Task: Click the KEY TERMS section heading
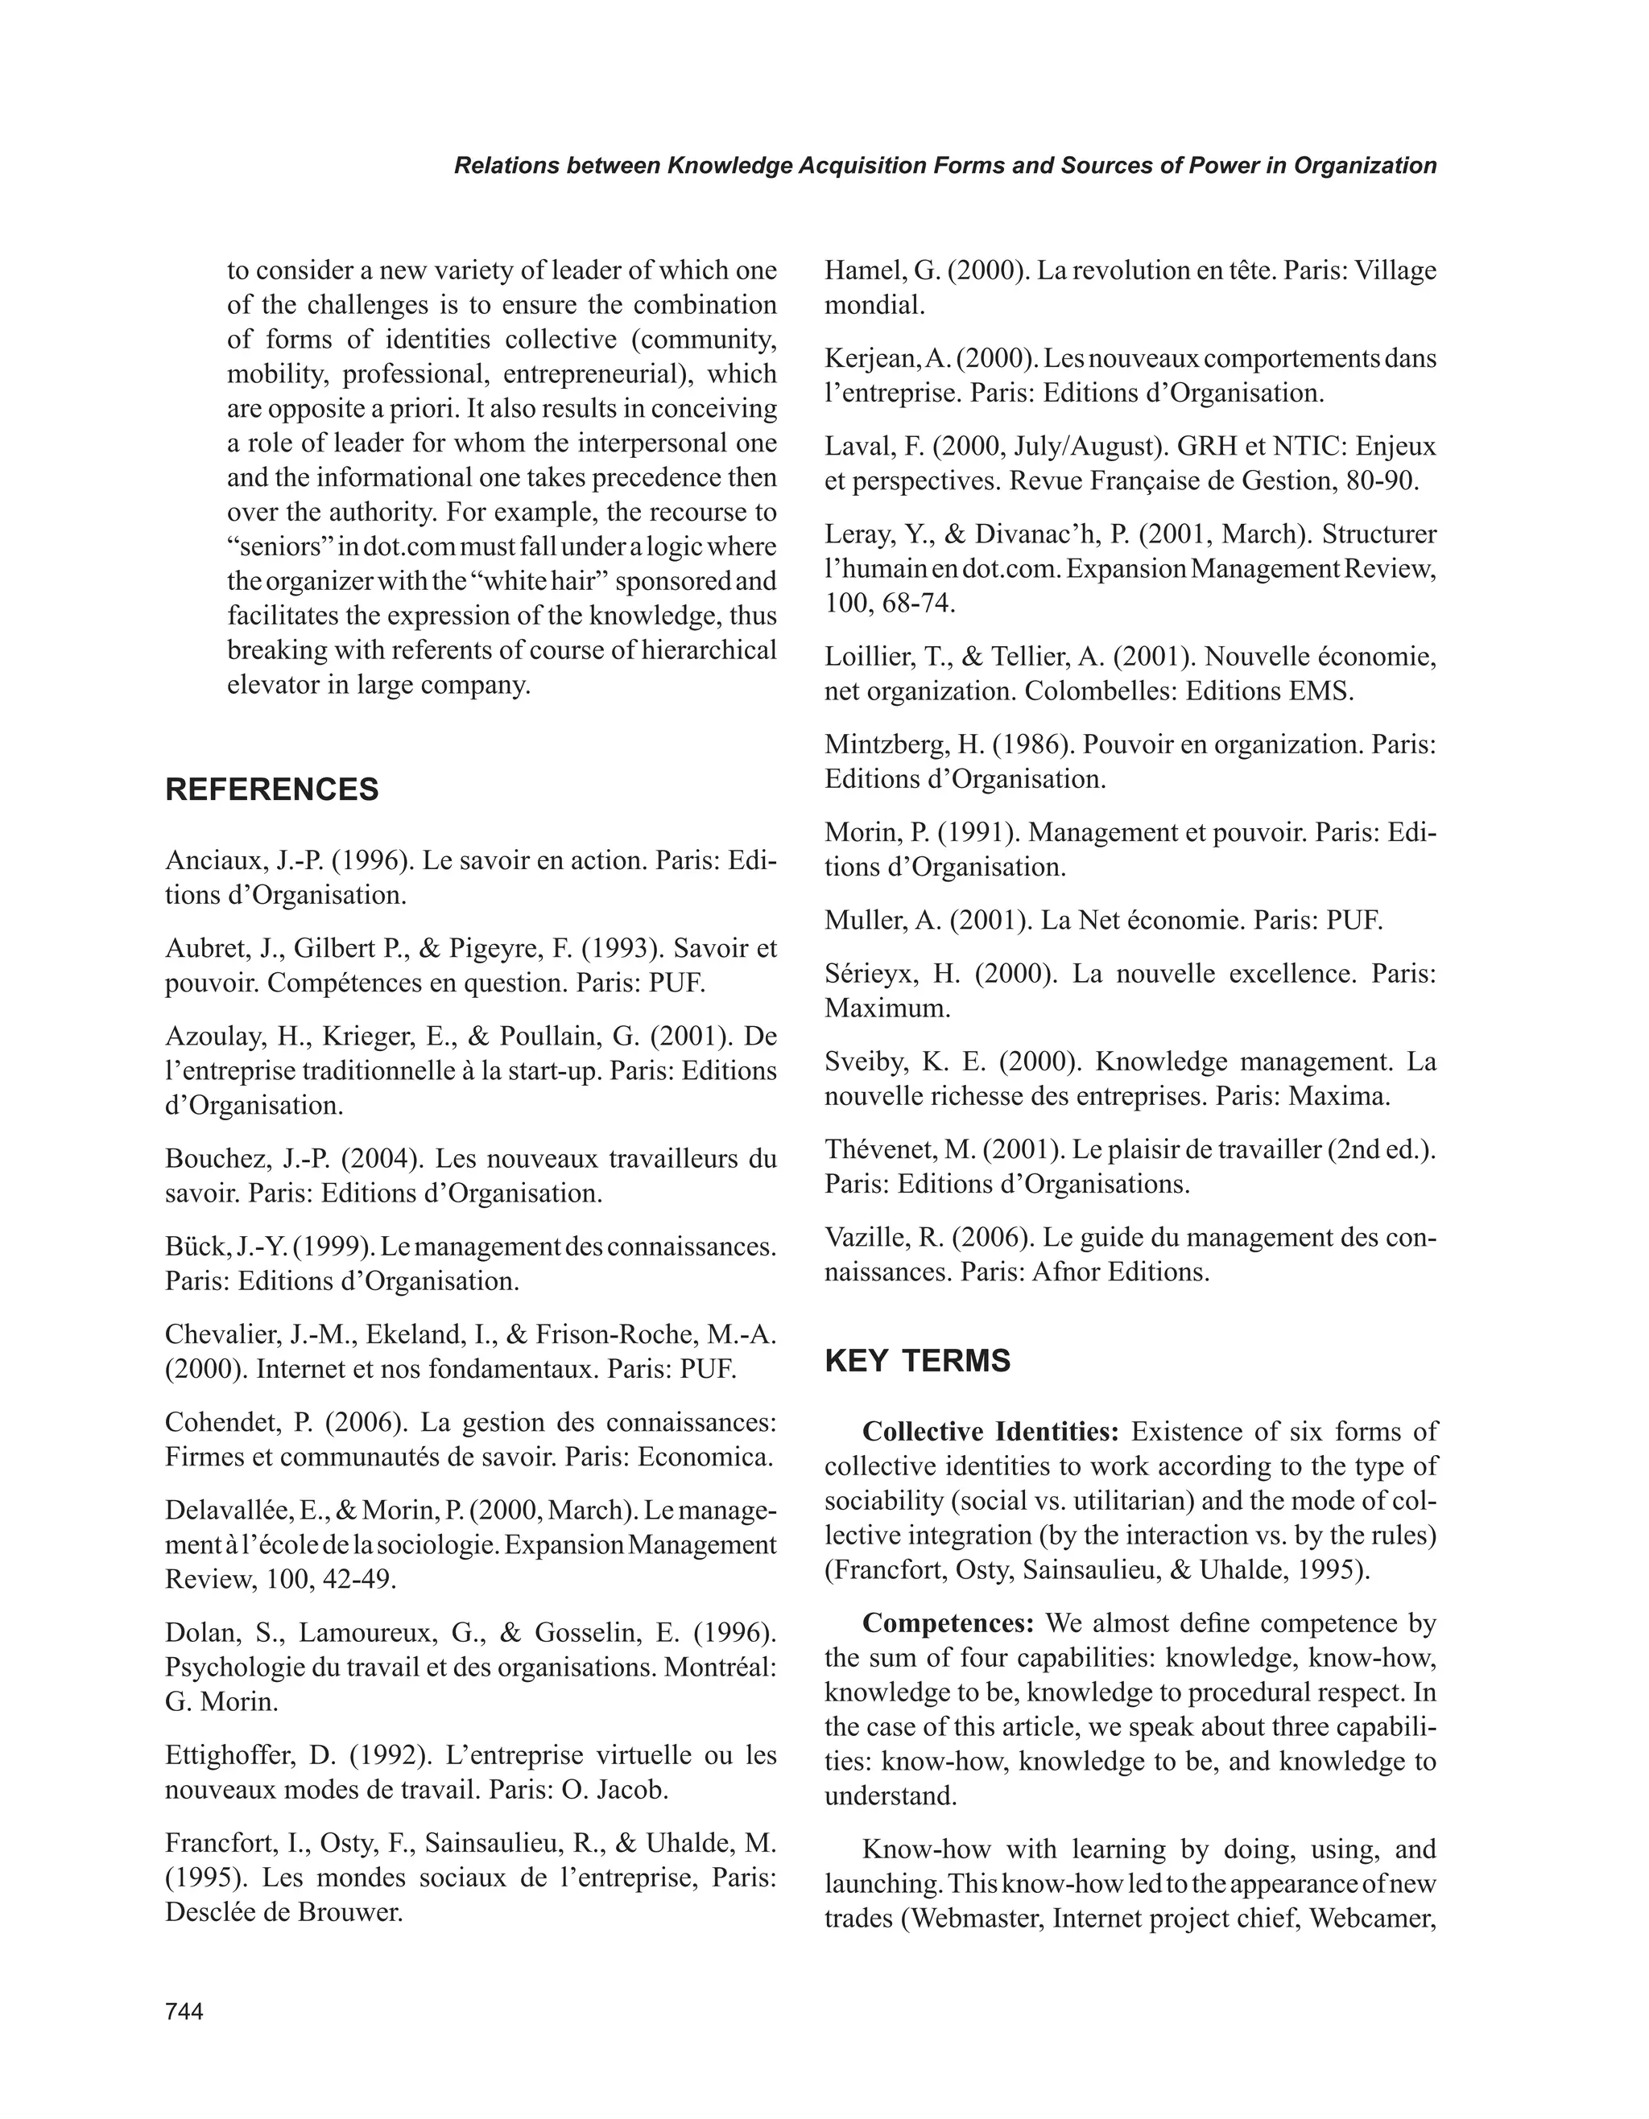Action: (x=917, y=1361)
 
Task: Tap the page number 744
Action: (x=184, y=2011)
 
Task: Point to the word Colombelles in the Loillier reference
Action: (x=1100, y=692)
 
